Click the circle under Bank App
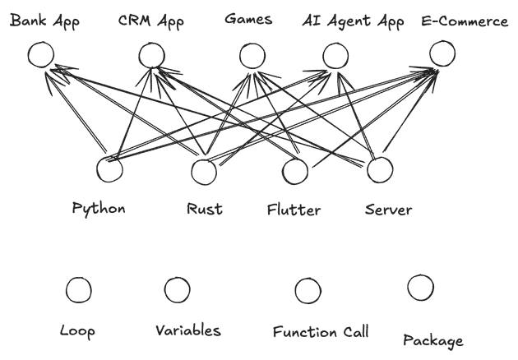(x=40, y=55)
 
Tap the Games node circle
(x=251, y=56)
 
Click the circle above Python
(x=109, y=170)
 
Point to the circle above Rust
(x=204, y=173)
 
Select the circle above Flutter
(x=294, y=172)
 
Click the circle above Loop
(x=78, y=289)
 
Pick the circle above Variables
(x=178, y=289)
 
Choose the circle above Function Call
(x=308, y=289)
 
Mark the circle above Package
(x=420, y=287)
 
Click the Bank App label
(x=44, y=21)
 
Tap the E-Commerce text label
(x=464, y=21)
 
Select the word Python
(x=99, y=208)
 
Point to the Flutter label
(x=294, y=210)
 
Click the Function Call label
(x=321, y=333)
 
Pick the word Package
(x=433, y=340)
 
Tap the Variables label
(x=187, y=331)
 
